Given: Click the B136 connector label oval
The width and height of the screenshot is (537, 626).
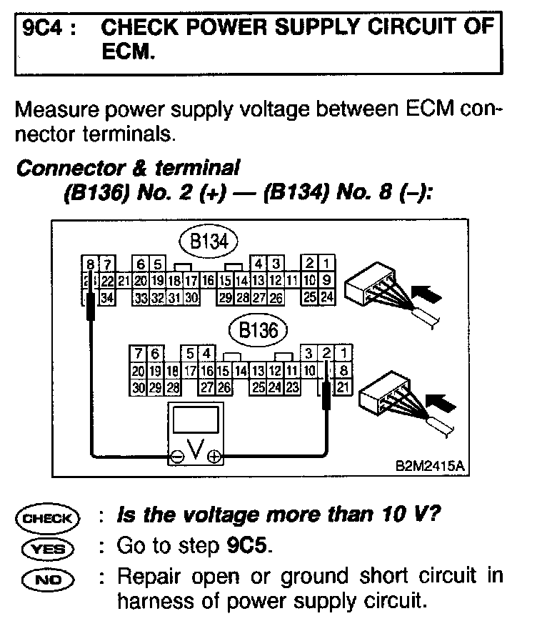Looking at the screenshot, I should click(257, 331).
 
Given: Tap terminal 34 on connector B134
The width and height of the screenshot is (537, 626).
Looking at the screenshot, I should click(107, 297).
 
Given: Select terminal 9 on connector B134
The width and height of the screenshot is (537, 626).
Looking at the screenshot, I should click(326, 279).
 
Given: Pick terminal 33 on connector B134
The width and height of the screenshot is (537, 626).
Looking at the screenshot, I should click(141, 297).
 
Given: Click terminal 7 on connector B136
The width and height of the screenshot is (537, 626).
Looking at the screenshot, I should click(136, 353).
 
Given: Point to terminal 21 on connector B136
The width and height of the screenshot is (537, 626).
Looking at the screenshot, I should click(343, 387).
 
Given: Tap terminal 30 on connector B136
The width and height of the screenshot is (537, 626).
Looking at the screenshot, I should click(138, 388).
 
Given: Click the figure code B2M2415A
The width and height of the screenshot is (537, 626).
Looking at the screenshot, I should click(430, 466).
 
